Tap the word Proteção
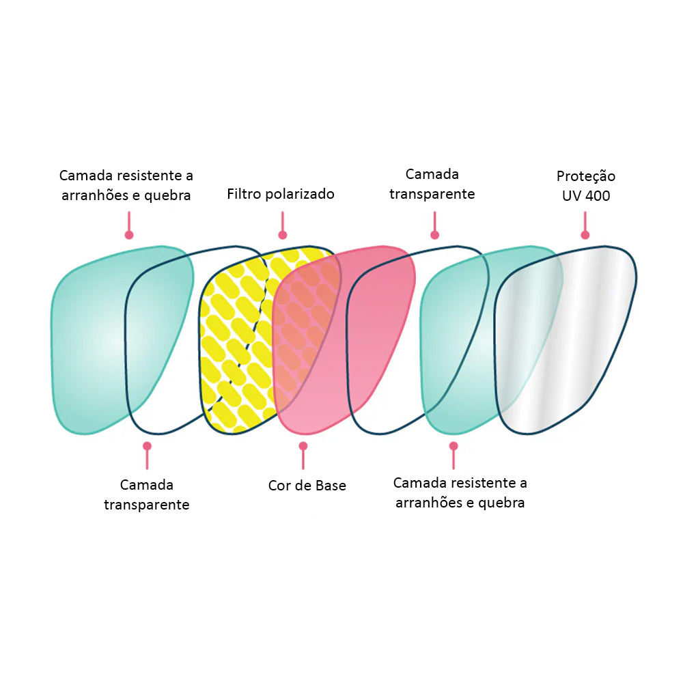pos(586,176)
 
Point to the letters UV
pos(572,195)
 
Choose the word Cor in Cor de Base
pos(280,486)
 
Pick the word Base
pos(331,486)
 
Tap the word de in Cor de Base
pos(304,486)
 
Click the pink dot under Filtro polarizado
pos(281,234)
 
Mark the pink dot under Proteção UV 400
pos(585,235)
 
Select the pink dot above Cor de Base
pos(303,446)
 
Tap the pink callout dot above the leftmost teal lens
pos(128,235)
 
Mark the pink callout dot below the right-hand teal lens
pos(453,446)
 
